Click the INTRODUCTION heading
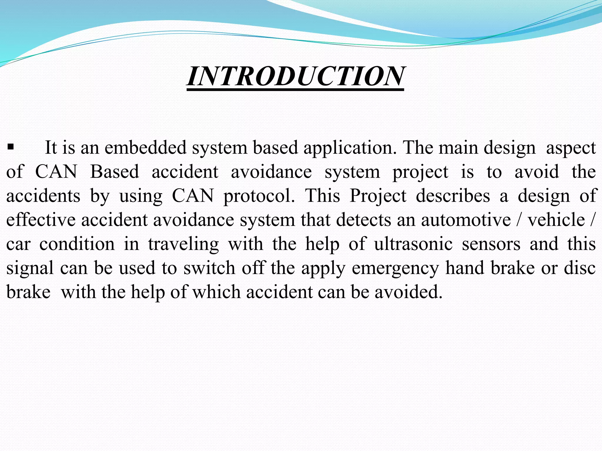(295, 76)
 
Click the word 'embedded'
(146, 147)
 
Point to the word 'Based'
(114, 172)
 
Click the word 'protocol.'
(259, 196)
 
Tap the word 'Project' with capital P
(378, 196)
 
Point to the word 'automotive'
(466, 220)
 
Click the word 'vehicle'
(556, 220)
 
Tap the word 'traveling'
(183, 244)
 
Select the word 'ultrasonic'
(413, 244)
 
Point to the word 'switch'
(209, 268)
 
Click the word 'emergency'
(395, 268)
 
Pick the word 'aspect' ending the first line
(571, 148)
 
